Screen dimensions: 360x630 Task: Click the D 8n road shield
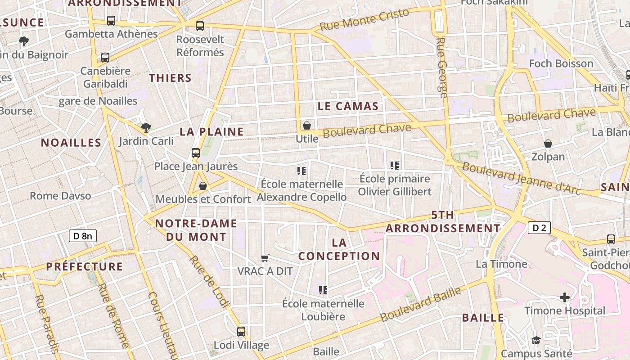point(83,235)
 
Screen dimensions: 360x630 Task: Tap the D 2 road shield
point(539,228)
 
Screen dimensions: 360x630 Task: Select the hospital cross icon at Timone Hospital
point(565,297)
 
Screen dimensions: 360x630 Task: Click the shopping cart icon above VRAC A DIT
point(265,258)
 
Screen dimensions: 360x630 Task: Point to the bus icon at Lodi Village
point(241,332)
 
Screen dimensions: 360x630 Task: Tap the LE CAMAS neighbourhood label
point(348,106)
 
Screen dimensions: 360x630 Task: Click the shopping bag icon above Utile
point(307,125)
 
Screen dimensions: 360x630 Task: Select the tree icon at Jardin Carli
point(146,128)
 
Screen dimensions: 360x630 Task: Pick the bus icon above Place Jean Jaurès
point(196,153)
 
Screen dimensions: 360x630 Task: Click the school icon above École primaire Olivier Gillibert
point(395,165)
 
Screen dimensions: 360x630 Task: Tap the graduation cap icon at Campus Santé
point(535,340)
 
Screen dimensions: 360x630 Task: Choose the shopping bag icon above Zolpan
point(548,144)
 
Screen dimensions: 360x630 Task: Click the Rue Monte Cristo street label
point(364,19)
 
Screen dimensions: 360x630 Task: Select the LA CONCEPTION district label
point(339,249)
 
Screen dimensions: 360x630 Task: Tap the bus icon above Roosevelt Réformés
point(200,26)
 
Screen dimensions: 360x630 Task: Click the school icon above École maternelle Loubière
point(323,290)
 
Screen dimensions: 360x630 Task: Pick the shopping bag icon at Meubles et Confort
point(203,185)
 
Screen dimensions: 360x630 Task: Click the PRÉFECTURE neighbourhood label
point(84,266)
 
